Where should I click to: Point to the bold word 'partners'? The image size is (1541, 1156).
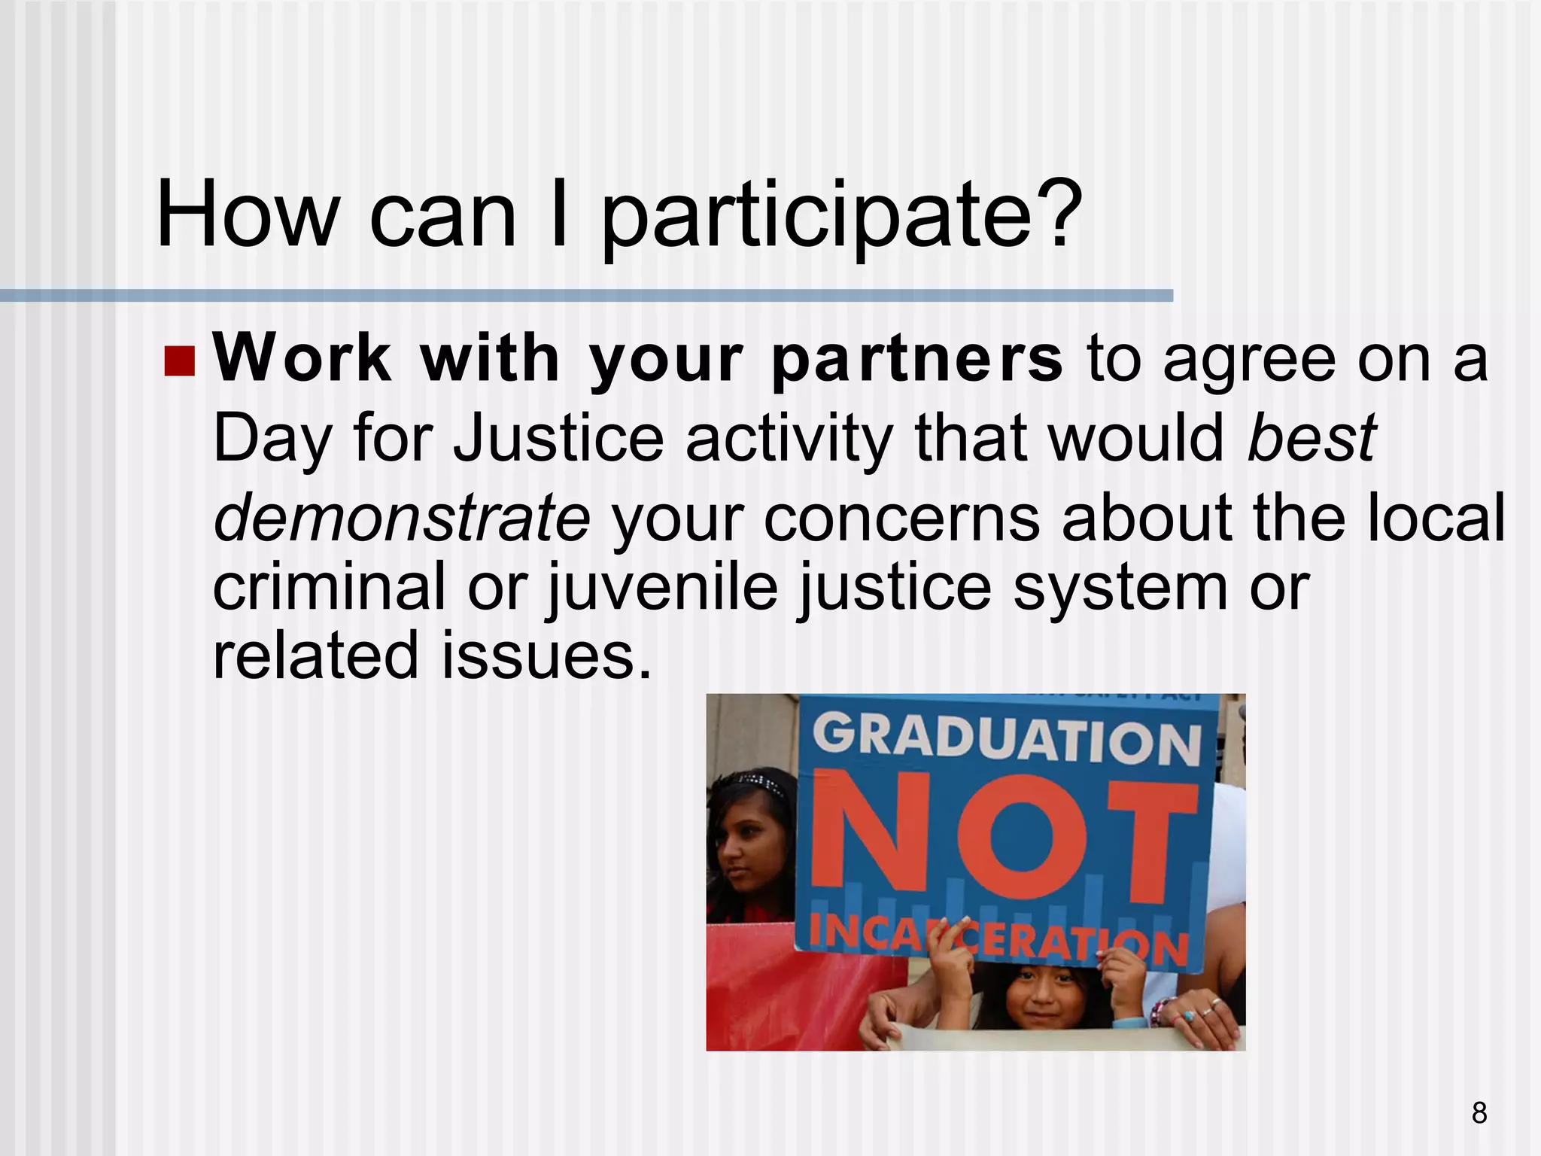coord(917,360)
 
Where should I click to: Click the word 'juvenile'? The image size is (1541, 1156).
coord(662,588)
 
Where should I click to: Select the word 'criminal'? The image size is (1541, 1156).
coord(329,586)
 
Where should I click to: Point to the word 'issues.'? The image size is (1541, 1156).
coord(546,656)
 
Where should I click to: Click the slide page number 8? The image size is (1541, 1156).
coord(1479,1112)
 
